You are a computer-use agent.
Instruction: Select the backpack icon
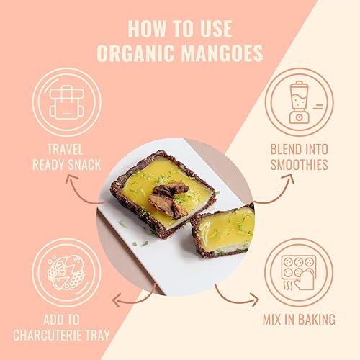(x=66, y=103)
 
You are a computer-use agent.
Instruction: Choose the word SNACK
(x=84, y=165)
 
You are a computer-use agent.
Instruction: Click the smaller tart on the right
(x=225, y=230)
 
